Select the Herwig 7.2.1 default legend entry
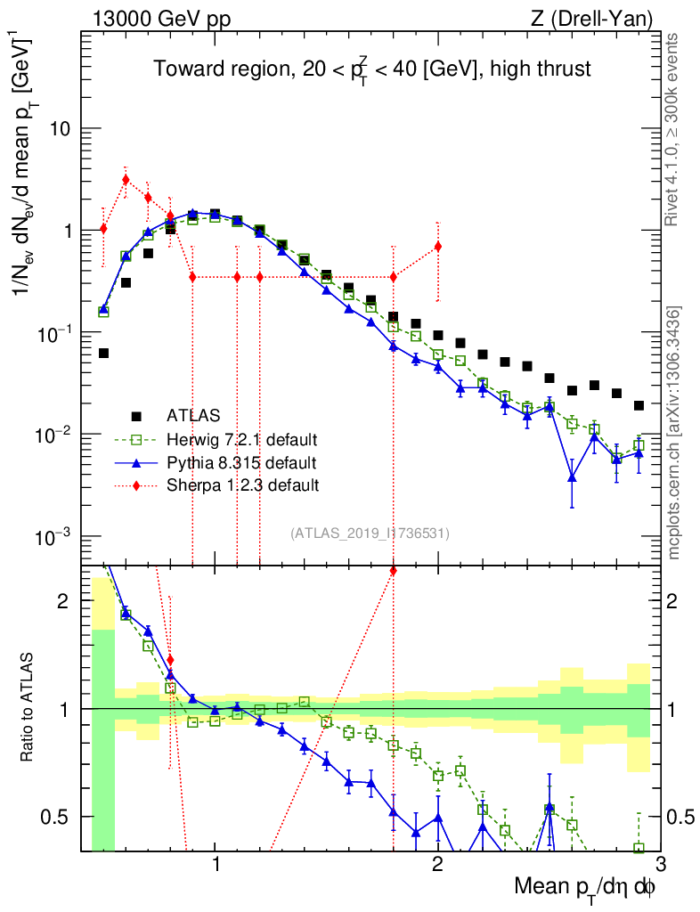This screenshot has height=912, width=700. point(242,439)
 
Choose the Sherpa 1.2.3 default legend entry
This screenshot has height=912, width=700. point(242,485)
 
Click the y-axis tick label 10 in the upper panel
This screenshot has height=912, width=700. point(60,129)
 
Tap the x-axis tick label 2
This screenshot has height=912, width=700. point(437,863)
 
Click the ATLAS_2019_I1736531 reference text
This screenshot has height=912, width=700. point(370,533)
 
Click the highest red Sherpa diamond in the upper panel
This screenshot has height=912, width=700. point(126,179)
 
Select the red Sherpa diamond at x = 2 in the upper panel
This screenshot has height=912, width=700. point(437,246)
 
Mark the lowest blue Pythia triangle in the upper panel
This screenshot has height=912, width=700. point(572,478)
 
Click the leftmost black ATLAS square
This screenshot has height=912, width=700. point(103,354)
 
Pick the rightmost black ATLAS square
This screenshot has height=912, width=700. point(639,405)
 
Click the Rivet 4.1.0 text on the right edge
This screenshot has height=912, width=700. point(674,130)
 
